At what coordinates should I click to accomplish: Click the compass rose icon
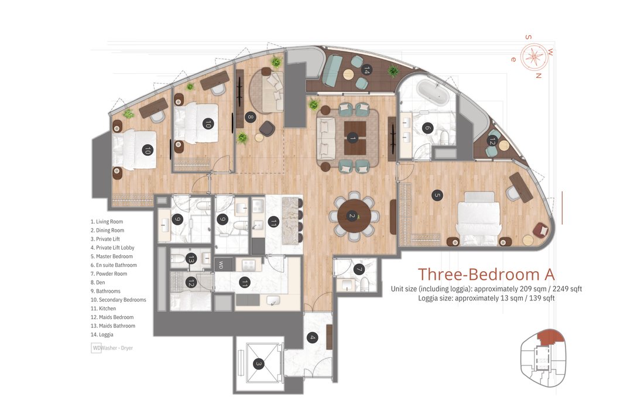coord(534,57)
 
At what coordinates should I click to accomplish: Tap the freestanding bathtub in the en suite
coord(434,93)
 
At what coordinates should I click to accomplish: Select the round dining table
coord(354,216)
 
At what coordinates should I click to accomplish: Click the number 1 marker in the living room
coord(352,138)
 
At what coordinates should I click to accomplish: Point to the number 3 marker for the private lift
coord(258,364)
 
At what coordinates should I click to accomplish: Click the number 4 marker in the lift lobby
coord(312,338)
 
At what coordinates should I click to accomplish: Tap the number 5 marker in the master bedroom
coord(437,195)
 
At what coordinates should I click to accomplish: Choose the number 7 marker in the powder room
coord(359,269)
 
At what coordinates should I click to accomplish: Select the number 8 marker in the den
coord(250,117)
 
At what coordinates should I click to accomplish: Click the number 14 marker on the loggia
coord(366,70)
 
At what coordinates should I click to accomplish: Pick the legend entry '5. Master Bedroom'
coord(112,256)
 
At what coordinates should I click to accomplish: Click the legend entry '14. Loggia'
coord(102,334)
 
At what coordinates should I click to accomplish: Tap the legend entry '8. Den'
coord(98,282)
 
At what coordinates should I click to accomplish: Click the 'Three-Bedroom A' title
coord(486,274)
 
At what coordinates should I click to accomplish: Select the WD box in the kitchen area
coord(221,265)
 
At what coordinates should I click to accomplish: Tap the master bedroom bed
coord(479,218)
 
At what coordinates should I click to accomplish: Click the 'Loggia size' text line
coord(487,298)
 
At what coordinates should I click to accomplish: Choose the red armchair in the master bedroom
coord(540,230)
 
